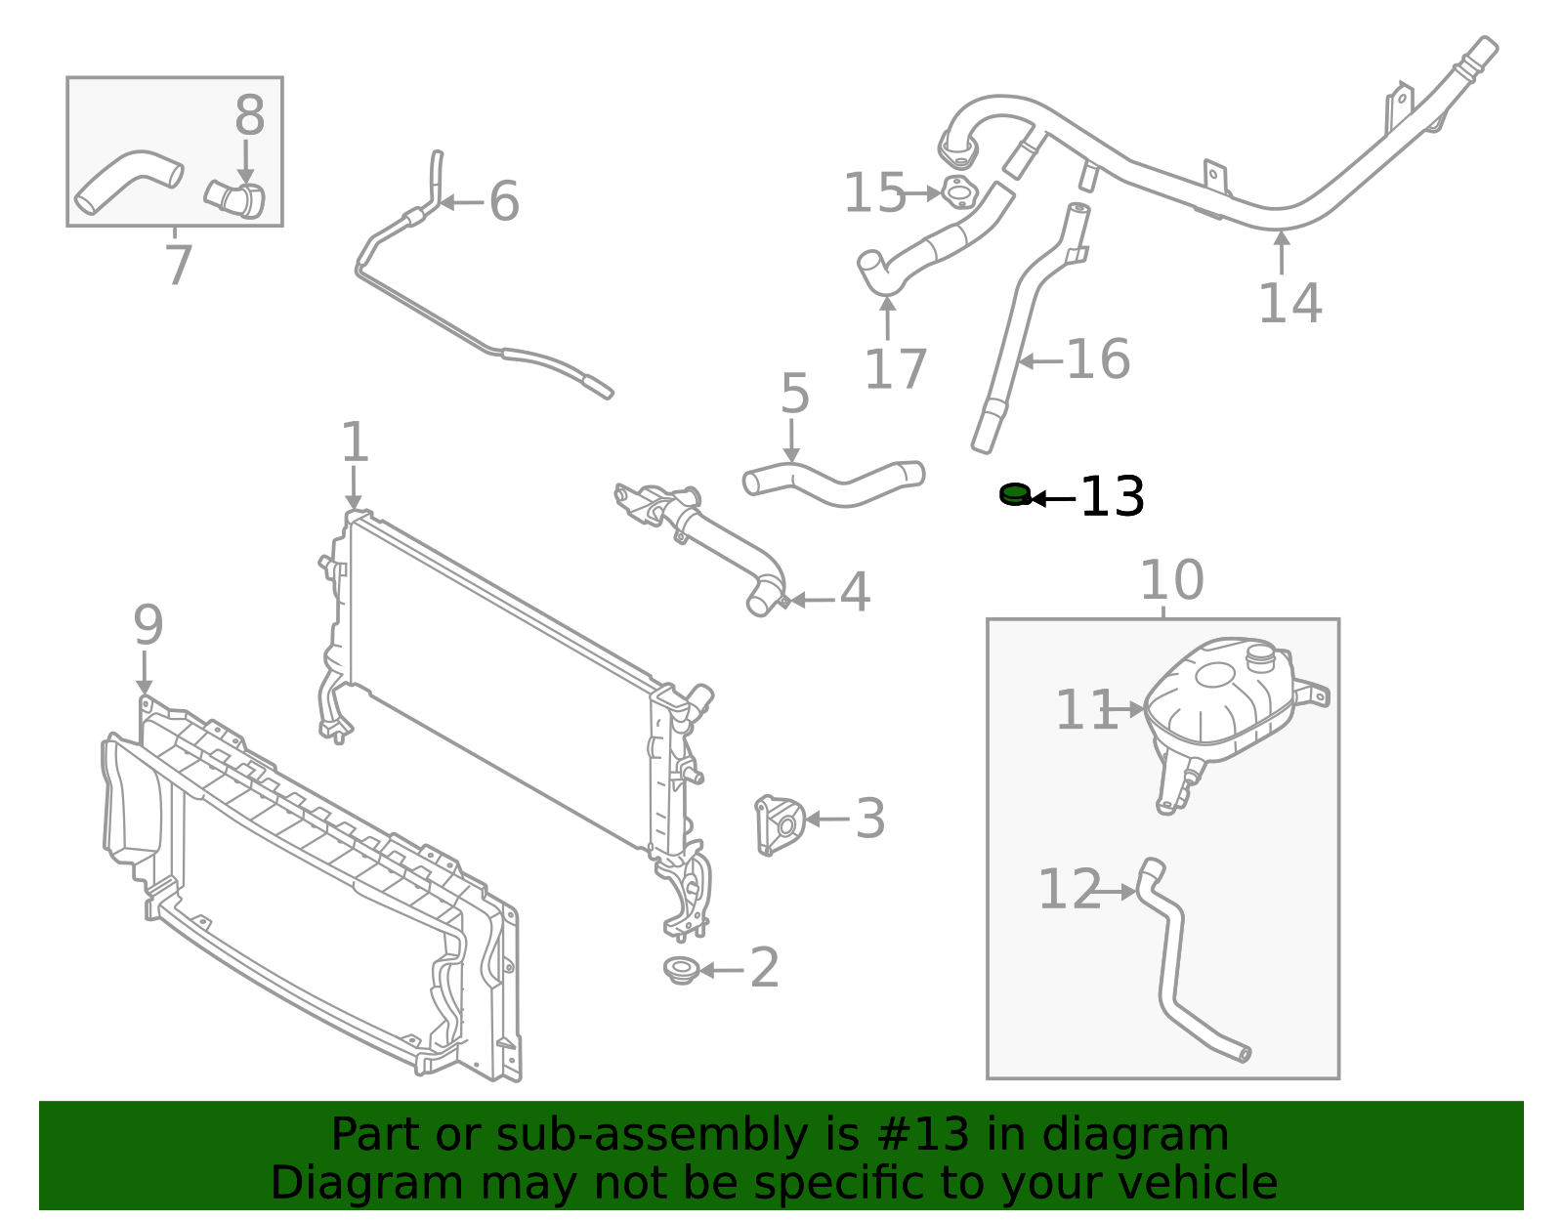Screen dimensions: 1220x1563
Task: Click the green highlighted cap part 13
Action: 1015,494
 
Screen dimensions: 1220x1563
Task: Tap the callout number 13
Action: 1112,497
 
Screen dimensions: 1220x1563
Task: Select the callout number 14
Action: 1289,303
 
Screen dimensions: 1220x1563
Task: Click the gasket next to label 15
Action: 958,192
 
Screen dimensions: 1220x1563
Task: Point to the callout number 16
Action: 1098,359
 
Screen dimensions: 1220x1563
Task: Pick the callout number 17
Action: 895,369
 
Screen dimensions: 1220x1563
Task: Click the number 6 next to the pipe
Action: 504,201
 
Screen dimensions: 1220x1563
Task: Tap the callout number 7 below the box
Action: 178,266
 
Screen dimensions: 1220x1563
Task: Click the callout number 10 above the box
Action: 1171,580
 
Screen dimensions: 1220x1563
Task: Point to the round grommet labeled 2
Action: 680,970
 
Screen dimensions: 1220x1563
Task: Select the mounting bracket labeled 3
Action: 780,824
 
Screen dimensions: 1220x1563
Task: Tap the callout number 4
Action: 855,592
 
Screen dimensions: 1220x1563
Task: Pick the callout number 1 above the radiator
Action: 355,442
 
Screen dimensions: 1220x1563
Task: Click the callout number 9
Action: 148,625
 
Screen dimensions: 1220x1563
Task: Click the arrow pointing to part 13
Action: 1053,499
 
